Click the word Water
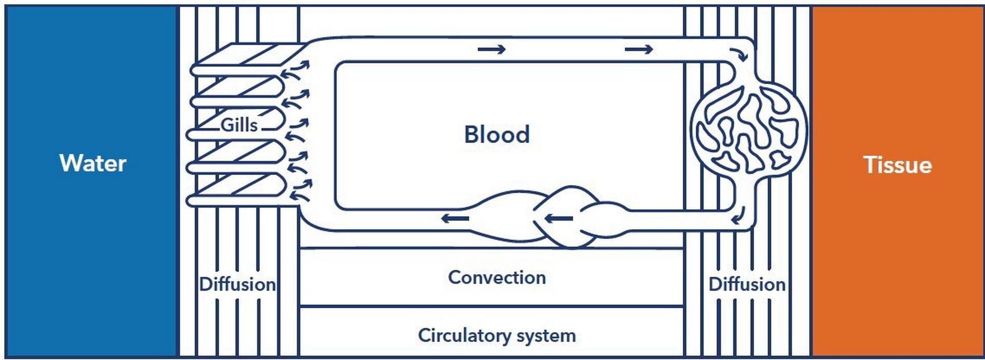point(93,164)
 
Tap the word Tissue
point(897,165)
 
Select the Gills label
point(239,125)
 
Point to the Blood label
point(497,135)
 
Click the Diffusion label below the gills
point(237,284)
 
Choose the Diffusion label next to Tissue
point(746,284)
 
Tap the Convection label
point(497,277)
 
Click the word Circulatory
point(464,336)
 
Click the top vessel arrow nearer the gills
point(491,49)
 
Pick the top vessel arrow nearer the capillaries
point(639,49)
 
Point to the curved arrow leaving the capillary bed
point(738,217)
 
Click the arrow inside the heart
point(558,219)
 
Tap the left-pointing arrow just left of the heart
point(455,219)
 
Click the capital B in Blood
point(471,135)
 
